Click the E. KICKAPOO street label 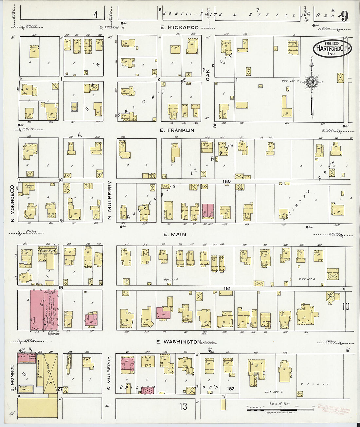coord(179,28)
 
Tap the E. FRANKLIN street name coord(177,130)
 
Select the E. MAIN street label coord(174,234)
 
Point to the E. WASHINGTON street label coord(179,342)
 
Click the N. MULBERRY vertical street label coord(110,200)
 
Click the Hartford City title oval coord(332,49)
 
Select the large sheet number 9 coord(344,16)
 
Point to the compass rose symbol coord(312,82)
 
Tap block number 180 coord(226,181)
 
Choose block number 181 coord(227,289)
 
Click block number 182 coord(231,389)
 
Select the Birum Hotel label coord(48,251)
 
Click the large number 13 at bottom coord(183,406)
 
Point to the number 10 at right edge coord(346,306)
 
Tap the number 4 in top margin coord(96,14)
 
